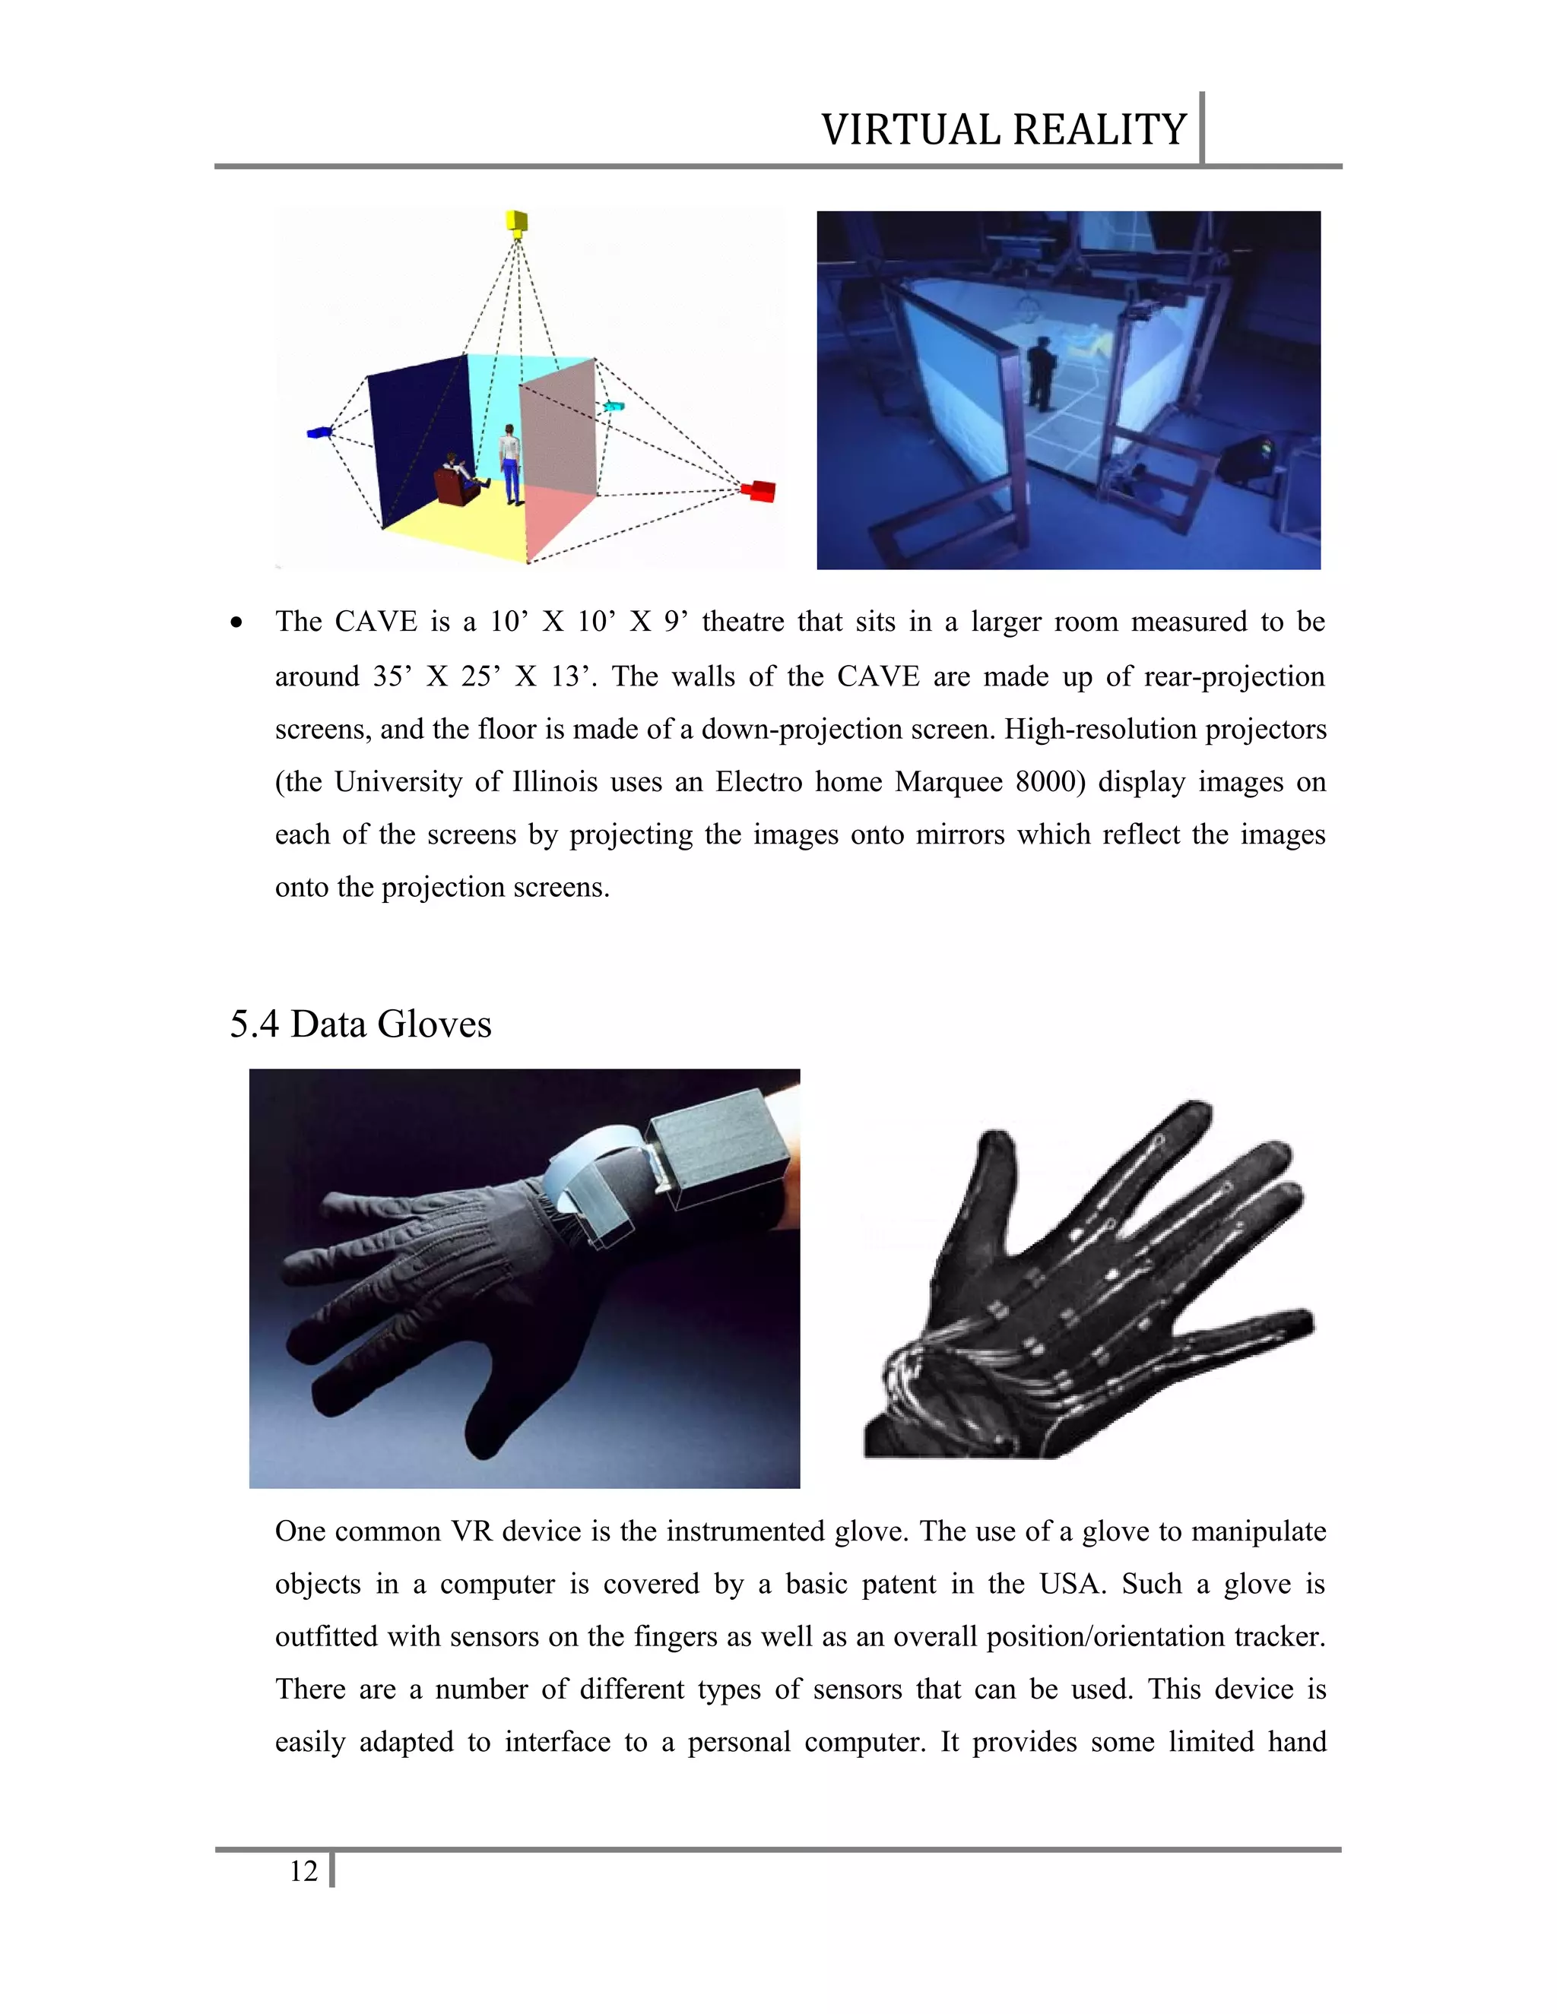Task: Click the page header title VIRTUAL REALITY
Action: (x=1003, y=130)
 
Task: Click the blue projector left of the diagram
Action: (x=319, y=432)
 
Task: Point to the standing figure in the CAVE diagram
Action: (x=510, y=464)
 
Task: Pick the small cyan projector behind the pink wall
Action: (x=614, y=406)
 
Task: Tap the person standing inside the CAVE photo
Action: (x=1041, y=373)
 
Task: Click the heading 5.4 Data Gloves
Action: (x=360, y=1024)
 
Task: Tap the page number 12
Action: (x=303, y=1871)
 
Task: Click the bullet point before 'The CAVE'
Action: (x=238, y=623)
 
